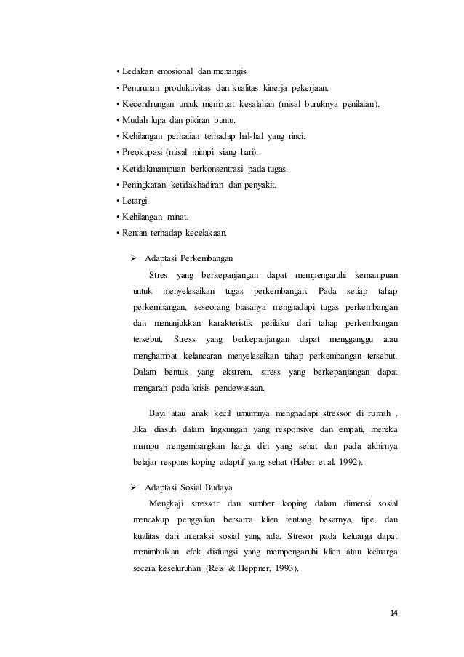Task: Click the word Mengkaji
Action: click(167, 503)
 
